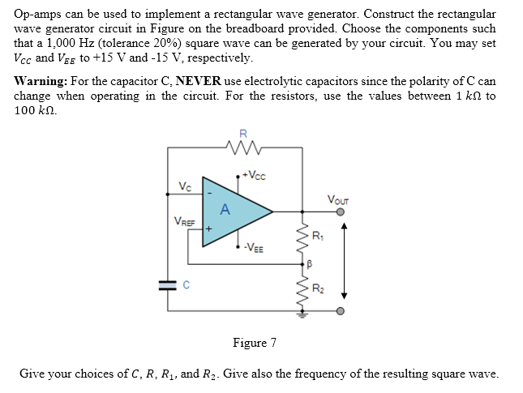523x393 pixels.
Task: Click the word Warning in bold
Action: click(x=41, y=83)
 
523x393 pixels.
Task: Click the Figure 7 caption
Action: click(x=255, y=343)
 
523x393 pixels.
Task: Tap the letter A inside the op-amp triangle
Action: click(x=225, y=210)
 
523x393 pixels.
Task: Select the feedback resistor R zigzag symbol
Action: click(x=242, y=147)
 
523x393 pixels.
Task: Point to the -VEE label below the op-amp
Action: click(x=253, y=248)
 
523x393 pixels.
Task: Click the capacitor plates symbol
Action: click(x=168, y=284)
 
